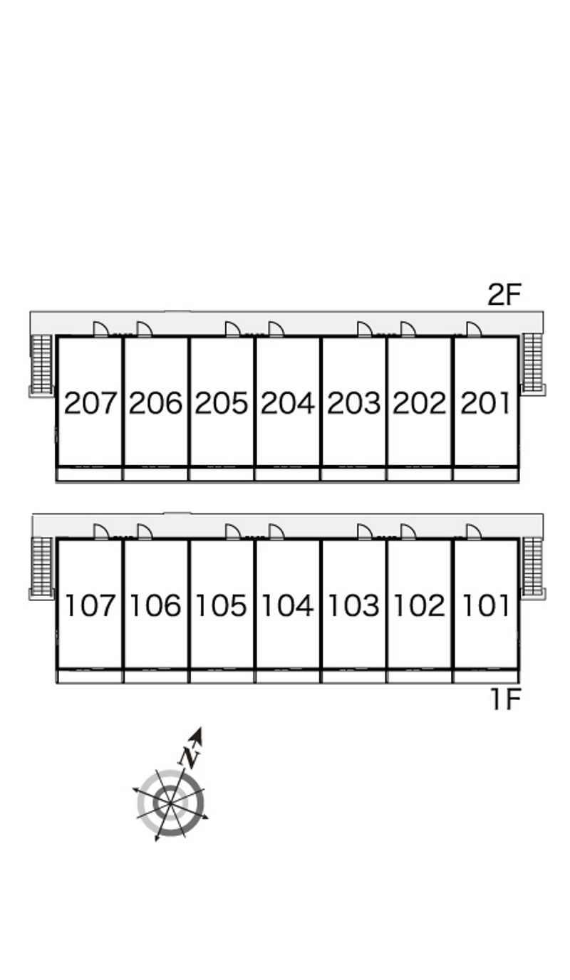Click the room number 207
point(90,403)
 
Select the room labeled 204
point(288,403)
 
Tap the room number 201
point(485,403)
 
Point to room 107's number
point(90,605)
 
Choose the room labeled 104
point(288,605)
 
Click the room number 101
point(486,605)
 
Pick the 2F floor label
point(504,294)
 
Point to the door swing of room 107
point(101,531)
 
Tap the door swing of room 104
point(276,531)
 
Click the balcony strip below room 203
point(353,474)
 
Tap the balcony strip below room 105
point(222,677)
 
